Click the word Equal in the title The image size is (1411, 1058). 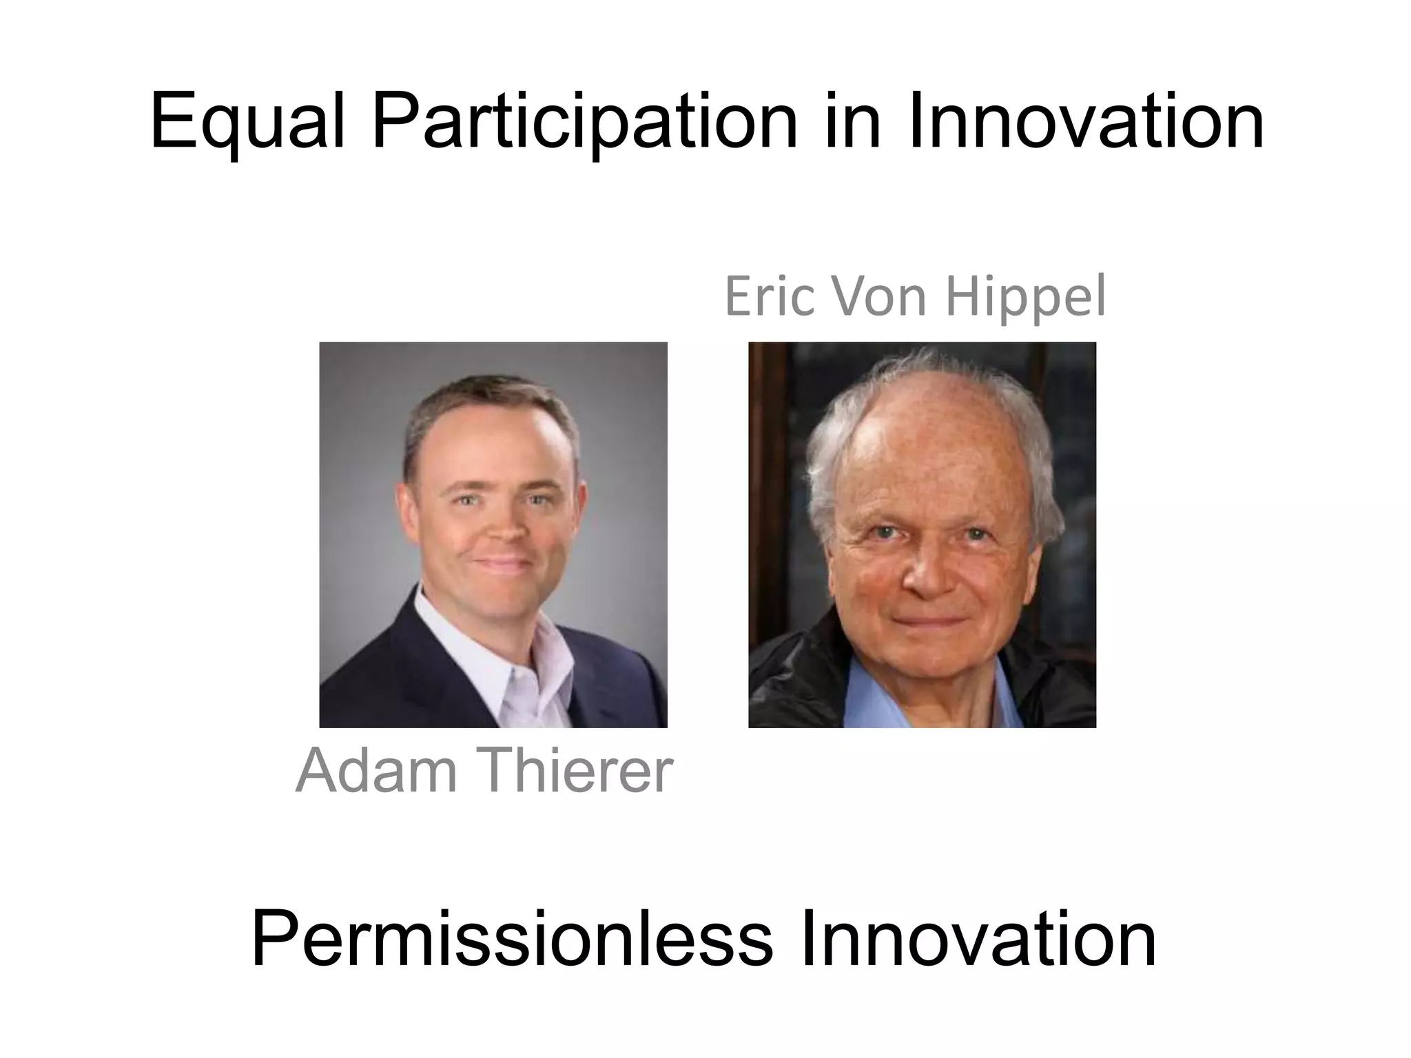click(247, 123)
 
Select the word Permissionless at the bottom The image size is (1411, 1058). click(512, 940)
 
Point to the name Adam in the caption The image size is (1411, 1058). click(375, 770)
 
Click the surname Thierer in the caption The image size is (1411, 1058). click(576, 770)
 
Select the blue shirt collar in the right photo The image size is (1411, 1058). click(889, 689)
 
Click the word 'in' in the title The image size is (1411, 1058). click(852, 123)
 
